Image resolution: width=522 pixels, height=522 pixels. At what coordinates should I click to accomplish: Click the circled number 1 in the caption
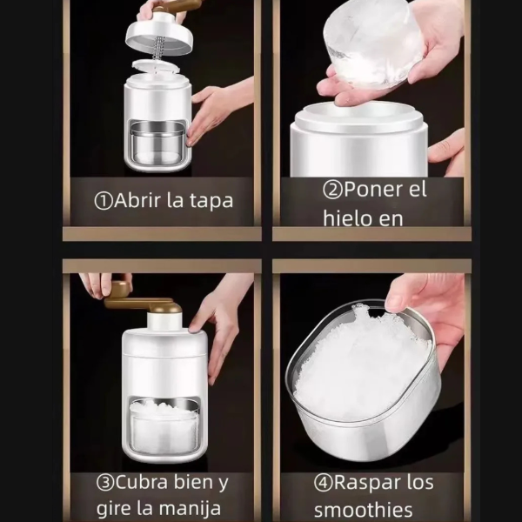click(x=104, y=202)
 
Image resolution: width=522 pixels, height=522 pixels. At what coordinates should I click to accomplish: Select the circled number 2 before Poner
click(x=332, y=190)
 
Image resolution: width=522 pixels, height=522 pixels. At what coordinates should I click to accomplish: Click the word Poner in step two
click(x=371, y=190)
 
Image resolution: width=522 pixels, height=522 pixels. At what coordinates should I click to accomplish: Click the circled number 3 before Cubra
click(x=105, y=483)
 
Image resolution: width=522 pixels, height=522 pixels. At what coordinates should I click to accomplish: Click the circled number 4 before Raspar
click(x=324, y=483)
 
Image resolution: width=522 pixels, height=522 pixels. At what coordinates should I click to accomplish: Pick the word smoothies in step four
click(x=363, y=510)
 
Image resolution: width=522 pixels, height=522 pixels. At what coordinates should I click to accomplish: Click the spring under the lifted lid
click(x=159, y=49)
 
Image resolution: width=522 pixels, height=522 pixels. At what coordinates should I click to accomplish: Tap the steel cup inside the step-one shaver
click(x=157, y=142)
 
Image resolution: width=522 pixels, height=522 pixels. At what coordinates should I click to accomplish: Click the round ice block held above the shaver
click(x=373, y=43)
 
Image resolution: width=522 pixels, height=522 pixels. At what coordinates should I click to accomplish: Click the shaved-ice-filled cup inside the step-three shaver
click(x=164, y=424)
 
